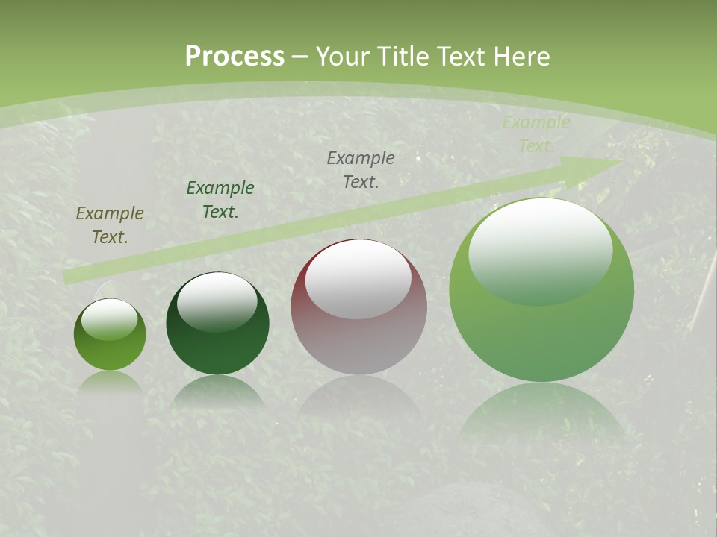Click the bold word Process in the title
tap(235, 57)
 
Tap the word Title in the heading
tap(406, 57)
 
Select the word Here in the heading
tap(522, 57)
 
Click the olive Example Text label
tap(109, 224)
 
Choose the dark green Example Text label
tap(220, 199)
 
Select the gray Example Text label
tap(361, 169)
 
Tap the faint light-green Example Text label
tap(536, 134)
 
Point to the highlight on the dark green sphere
tap(217, 301)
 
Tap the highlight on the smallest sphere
tap(109, 319)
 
